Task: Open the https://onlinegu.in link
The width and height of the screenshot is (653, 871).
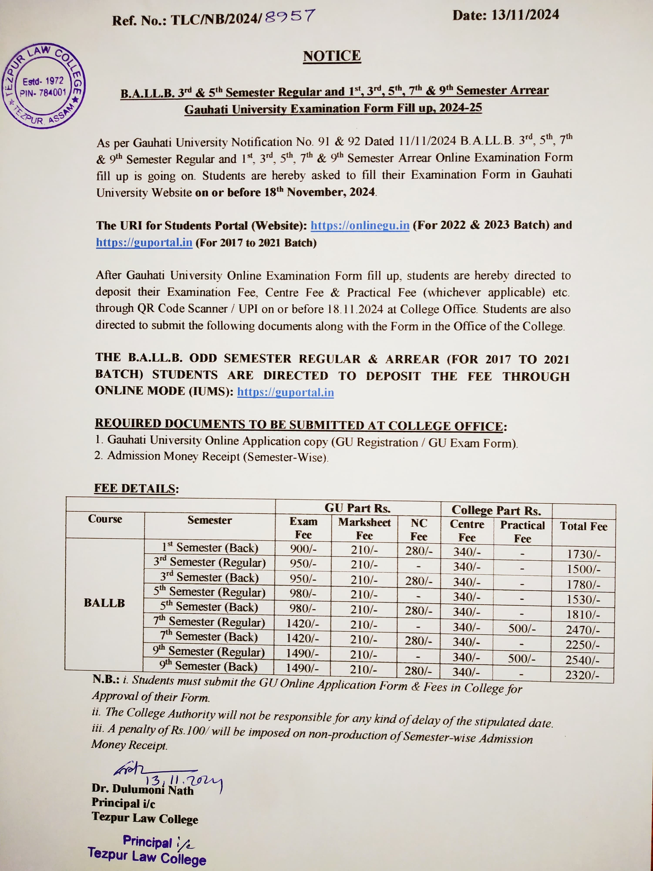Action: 360,226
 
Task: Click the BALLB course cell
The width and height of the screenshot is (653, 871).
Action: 104,603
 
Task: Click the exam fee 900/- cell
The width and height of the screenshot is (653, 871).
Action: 303,549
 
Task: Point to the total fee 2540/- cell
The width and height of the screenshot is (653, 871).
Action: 582,660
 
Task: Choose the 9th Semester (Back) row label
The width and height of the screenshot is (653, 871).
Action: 209,666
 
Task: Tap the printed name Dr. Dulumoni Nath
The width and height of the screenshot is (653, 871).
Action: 143,789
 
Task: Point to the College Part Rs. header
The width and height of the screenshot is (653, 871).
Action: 496,510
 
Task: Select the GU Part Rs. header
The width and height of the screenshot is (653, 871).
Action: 357,508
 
